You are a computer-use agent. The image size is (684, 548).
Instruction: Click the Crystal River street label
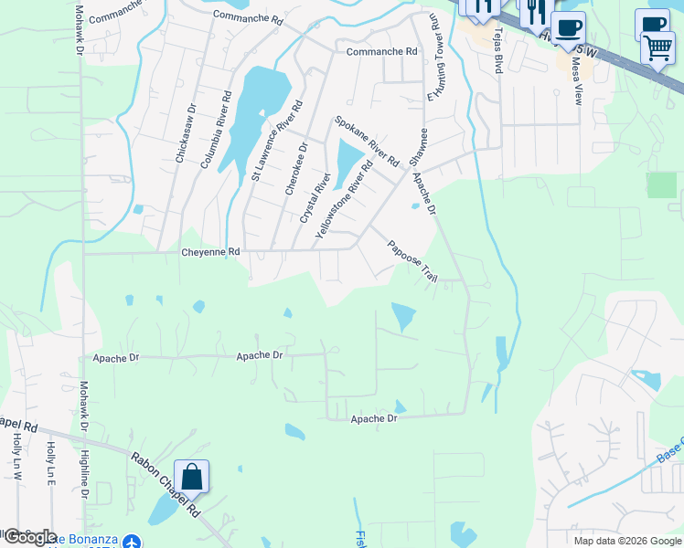[x=315, y=196]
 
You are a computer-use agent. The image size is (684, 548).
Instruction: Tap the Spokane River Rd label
[x=367, y=141]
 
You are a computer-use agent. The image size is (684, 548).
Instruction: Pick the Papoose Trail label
[x=412, y=260]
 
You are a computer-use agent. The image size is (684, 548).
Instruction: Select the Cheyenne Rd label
[x=210, y=251]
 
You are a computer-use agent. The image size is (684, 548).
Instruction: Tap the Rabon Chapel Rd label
[x=166, y=483]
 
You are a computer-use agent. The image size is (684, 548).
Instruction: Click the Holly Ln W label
[x=18, y=458]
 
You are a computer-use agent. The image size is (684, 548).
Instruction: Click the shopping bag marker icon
[x=191, y=477]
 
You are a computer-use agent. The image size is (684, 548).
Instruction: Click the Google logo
[x=29, y=537]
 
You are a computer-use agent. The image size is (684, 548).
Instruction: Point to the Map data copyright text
[x=627, y=540]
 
